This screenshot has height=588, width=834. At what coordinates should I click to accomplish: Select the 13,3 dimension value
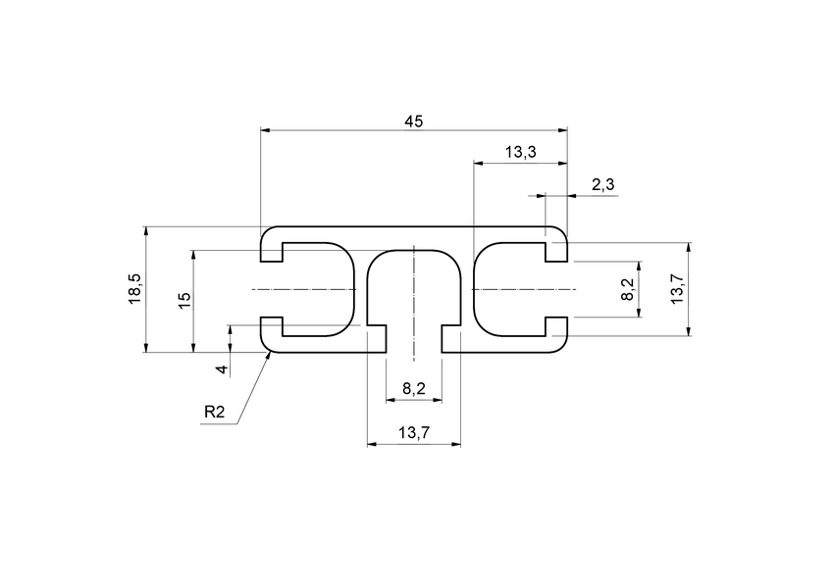(520, 152)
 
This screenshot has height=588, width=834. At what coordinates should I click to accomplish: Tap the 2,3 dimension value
(603, 185)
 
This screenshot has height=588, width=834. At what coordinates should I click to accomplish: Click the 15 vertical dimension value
(183, 301)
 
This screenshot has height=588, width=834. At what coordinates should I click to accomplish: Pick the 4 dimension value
(223, 369)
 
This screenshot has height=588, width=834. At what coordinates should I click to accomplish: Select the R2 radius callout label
(215, 414)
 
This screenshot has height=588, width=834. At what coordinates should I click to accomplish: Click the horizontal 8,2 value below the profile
(414, 389)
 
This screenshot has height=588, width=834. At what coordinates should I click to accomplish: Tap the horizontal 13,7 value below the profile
(414, 433)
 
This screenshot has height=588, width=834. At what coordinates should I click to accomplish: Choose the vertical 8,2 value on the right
(628, 289)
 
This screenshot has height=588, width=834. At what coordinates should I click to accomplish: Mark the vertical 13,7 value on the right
(677, 289)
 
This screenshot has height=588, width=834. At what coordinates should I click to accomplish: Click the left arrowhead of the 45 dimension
(266, 129)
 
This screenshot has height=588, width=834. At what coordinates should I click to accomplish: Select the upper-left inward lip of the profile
(272, 253)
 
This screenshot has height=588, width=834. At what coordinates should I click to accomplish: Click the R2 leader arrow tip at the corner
(270, 355)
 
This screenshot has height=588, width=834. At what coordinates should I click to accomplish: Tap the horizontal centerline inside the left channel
(304, 289)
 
